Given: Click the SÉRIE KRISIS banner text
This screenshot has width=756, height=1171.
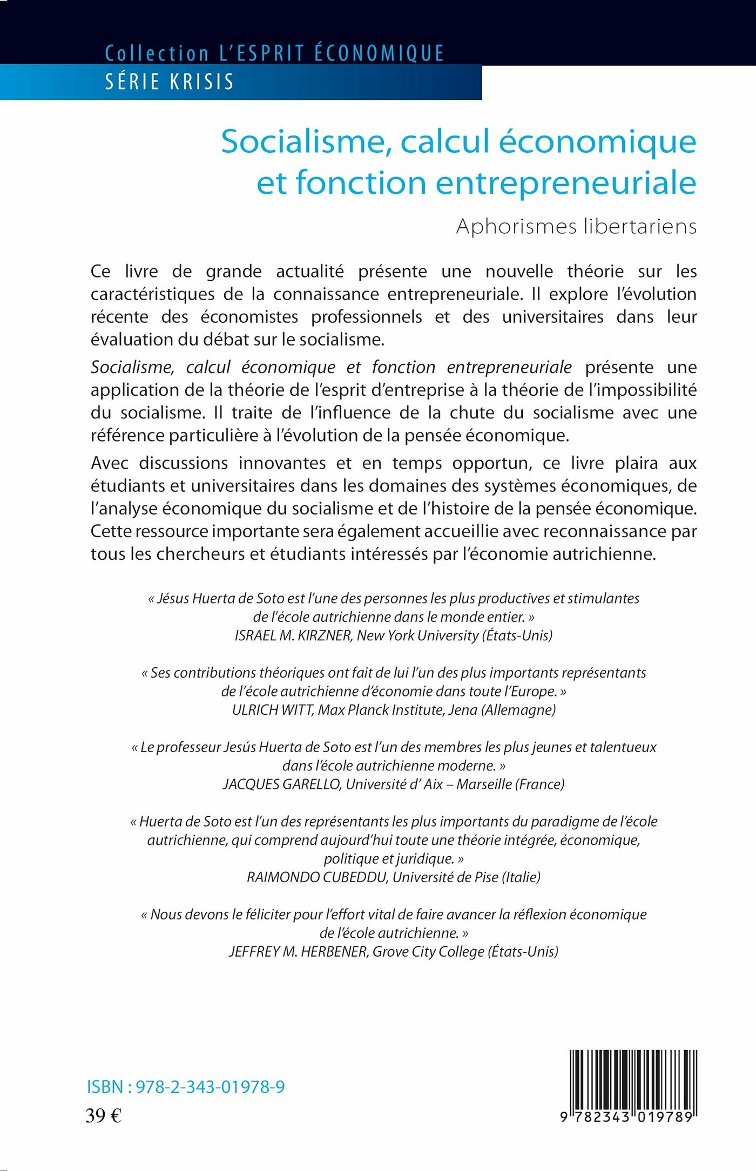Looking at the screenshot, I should pyautogui.click(x=169, y=82).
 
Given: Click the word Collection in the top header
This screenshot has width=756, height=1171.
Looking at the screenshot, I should pyautogui.click(x=157, y=53).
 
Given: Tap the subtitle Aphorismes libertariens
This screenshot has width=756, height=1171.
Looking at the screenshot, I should pyautogui.click(x=576, y=226).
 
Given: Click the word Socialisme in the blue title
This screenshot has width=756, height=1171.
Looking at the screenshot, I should pyautogui.click(x=306, y=141).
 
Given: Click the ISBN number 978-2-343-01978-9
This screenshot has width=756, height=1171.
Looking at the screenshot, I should pyautogui.click(x=210, y=1086).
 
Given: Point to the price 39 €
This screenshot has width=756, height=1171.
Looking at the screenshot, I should pyautogui.click(x=104, y=1115).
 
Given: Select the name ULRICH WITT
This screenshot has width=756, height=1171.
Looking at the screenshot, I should pyautogui.click(x=273, y=710).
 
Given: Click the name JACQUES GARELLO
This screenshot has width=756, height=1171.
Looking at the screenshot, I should pyautogui.click(x=281, y=784).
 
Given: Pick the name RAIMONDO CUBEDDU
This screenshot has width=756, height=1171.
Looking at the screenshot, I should pyautogui.click(x=317, y=877).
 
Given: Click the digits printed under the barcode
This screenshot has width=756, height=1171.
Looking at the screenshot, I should pyautogui.click(x=626, y=1117).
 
